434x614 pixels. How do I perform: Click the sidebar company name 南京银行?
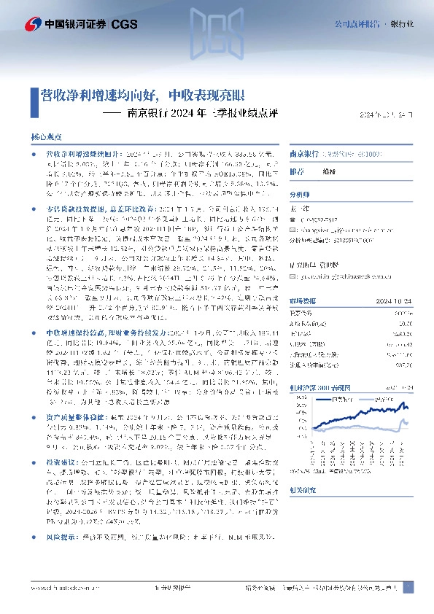[305, 155]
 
